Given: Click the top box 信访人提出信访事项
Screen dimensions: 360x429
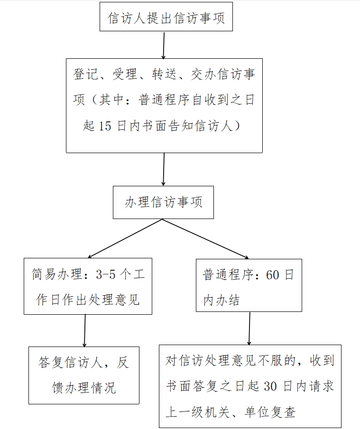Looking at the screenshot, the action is point(166,17).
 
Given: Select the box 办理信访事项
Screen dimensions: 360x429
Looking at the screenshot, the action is point(163,202).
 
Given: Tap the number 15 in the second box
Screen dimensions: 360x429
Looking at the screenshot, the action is point(105,126).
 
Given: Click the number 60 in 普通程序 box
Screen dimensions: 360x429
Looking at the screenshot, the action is point(272,274).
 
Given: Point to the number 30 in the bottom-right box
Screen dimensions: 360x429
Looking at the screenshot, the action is point(270,386).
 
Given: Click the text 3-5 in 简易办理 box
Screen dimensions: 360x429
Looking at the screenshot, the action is point(106,274).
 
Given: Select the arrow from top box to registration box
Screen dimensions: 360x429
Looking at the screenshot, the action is point(164,46).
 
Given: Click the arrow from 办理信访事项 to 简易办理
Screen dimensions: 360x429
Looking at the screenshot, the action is point(125,238).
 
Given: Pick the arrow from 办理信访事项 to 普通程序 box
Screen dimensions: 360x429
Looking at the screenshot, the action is point(205,239).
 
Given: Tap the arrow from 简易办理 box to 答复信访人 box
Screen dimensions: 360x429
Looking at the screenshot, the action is point(85,330).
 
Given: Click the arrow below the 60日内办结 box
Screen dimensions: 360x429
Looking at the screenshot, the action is point(249,329).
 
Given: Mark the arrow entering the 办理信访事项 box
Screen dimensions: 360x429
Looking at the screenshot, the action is point(164,169).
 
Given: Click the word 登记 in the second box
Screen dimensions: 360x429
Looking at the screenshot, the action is point(85,74).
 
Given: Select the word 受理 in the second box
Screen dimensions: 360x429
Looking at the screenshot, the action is point(125,74).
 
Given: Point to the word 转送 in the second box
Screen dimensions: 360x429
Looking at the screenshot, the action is point(164,74).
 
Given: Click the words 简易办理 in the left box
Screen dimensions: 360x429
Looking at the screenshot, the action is point(56,274).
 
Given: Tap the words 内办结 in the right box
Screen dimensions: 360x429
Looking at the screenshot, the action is point(222,300).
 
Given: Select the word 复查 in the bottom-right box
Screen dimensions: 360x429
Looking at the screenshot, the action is point(283,412).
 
